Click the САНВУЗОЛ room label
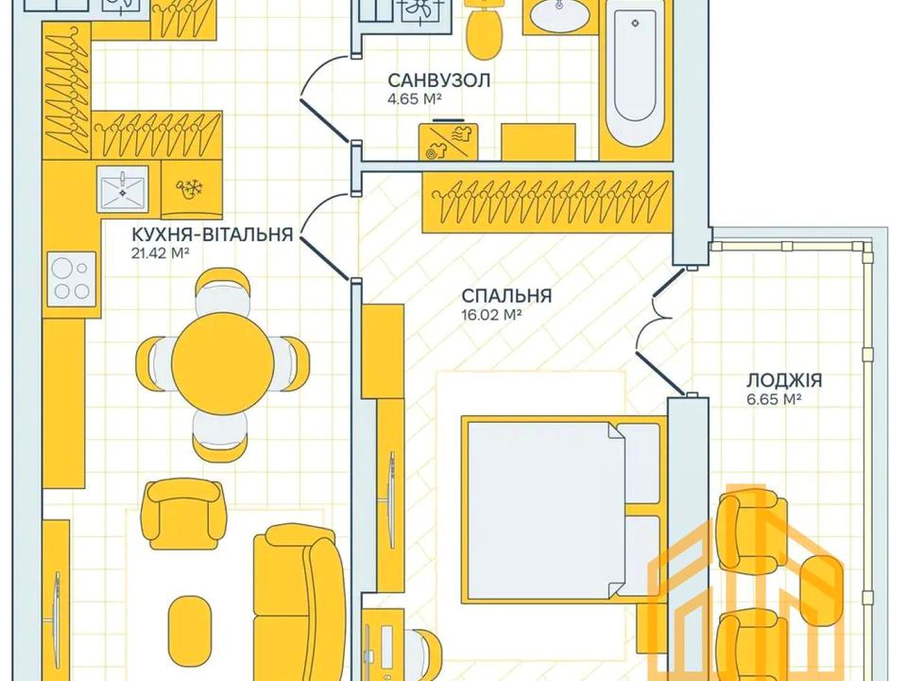click(438, 79)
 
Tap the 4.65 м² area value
click(415, 99)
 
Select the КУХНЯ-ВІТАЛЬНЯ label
click(213, 235)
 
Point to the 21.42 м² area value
click(162, 253)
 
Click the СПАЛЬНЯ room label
click(506, 296)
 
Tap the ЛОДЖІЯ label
click(784, 380)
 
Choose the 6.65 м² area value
click(774, 399)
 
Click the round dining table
click(223, 363)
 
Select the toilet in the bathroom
click(483, 29)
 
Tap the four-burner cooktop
click(71, 279)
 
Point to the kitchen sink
click(122, 187)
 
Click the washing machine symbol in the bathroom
click(449, 141)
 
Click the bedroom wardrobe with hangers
click(547, 201)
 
